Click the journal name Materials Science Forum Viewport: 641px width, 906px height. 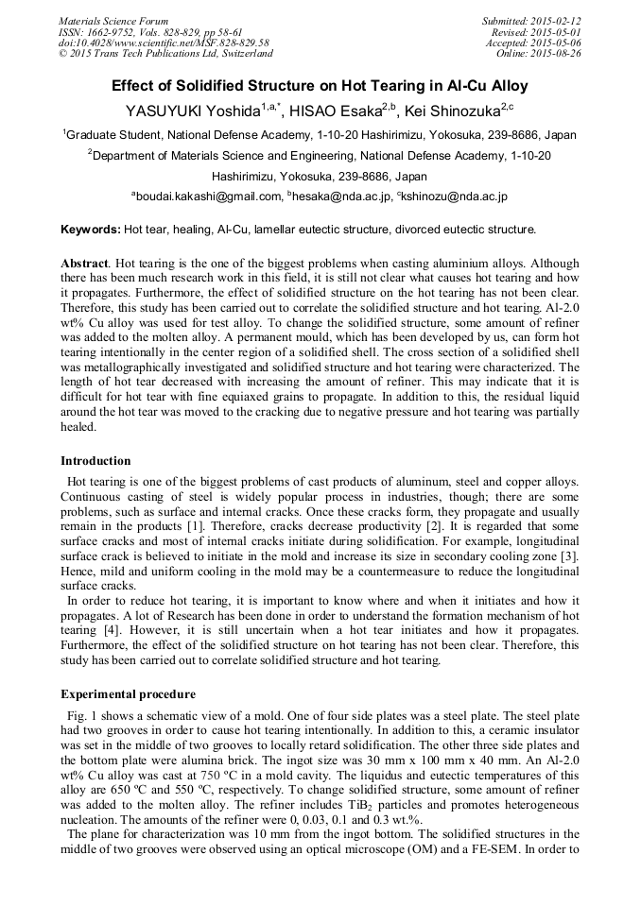(113, 20)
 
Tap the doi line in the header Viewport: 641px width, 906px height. (163, 43)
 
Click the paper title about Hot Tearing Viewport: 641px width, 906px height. (320, 85)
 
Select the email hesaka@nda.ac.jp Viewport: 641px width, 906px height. (341, 197)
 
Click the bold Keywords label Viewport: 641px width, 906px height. (90, 230)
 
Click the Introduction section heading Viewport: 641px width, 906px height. (95, 461)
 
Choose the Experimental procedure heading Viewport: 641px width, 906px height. (128, 694)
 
